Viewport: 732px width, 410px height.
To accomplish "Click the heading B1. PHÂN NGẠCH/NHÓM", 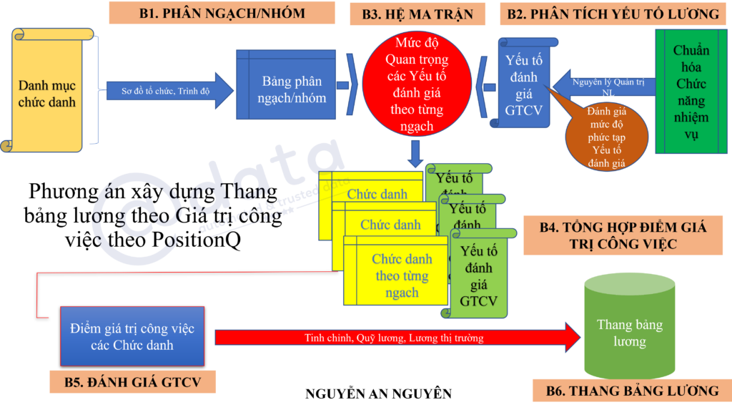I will click(222, 13).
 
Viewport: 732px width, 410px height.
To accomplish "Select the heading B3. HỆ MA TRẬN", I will click(417, 14).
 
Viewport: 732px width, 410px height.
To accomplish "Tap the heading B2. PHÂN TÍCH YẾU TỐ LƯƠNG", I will click(613, 14).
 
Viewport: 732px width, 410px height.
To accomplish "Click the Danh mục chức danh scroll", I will click(47, 92).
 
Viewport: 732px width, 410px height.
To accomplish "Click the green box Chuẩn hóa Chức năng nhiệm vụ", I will click(691, 92).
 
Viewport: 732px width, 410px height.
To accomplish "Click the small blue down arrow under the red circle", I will click(416, 152).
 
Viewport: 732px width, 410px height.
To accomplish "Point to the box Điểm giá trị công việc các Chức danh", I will click(132, 337).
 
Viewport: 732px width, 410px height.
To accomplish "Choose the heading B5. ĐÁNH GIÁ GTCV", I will click(132, 381).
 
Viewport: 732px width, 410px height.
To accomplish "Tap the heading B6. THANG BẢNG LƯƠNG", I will click(632, 391).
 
